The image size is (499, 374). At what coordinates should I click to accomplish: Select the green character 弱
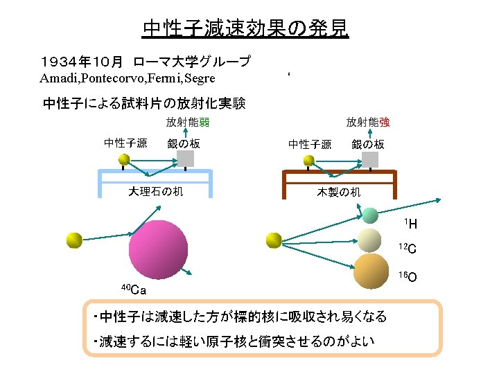pos(204,123)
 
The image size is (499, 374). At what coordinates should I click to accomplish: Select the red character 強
pos(384,123)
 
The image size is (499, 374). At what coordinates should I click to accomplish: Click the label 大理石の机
pos(156,191)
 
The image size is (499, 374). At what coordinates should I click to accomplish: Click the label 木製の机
pos(339,191)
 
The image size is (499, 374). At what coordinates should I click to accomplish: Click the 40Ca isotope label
pos(132,289)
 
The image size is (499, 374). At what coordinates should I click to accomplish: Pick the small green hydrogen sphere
pos(369,215)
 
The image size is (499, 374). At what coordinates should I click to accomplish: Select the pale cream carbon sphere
pos(370,240)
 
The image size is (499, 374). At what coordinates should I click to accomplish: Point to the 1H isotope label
pos(410,224)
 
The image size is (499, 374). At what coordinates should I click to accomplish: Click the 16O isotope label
pos(408,277)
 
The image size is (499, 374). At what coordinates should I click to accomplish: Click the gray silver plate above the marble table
pos(186,159)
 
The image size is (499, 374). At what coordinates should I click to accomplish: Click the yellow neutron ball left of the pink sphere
pos(74,240)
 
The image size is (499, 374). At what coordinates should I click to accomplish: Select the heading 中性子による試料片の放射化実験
pos(144,104)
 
